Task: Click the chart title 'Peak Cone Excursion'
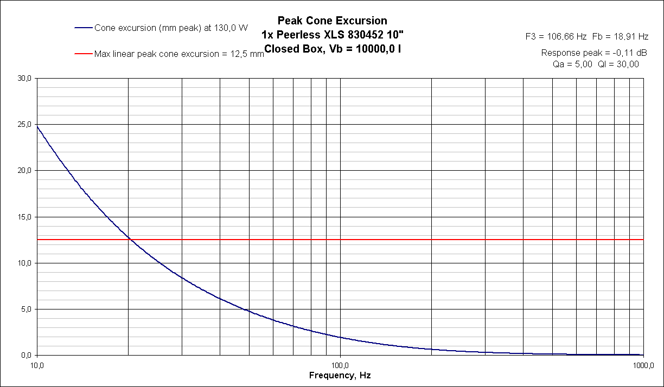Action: pyautogui.click(x=332, y=21)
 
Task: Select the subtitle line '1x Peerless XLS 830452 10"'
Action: pyautogui.click(x=332, y=35)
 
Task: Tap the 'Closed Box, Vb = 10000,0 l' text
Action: pyautogui.click(x=332, y=49)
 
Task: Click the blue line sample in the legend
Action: pyautogui.click(x=84, y=28)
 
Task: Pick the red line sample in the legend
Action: pyautogui.click(x=84, y=54)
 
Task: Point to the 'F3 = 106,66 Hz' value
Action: pyautogui.click(x=556, y=37)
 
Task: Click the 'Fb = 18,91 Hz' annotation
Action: pyautogui.click(x=620, y=37)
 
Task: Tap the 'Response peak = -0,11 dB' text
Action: pyautogui.click(x=595, y=53)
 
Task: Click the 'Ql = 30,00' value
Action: pyautogui.click(x=618, y=64)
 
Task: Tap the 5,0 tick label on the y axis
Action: pyautogui.click(x=26, y=309)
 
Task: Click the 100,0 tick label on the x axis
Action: pyautogui.click(x=340, y=364)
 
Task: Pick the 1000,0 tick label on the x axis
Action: pyautogui.click(x=643, y=364)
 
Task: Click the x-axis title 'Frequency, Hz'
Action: pyautogui.click(x=340, y=375)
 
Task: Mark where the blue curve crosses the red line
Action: pyautogui.click(x=129, y=239)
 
